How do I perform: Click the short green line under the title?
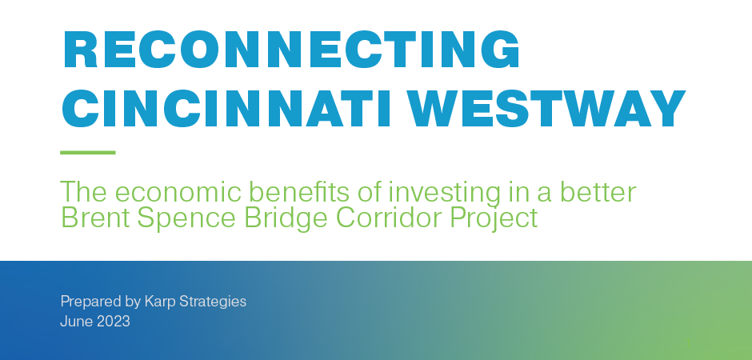click(x=88, y=152)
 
